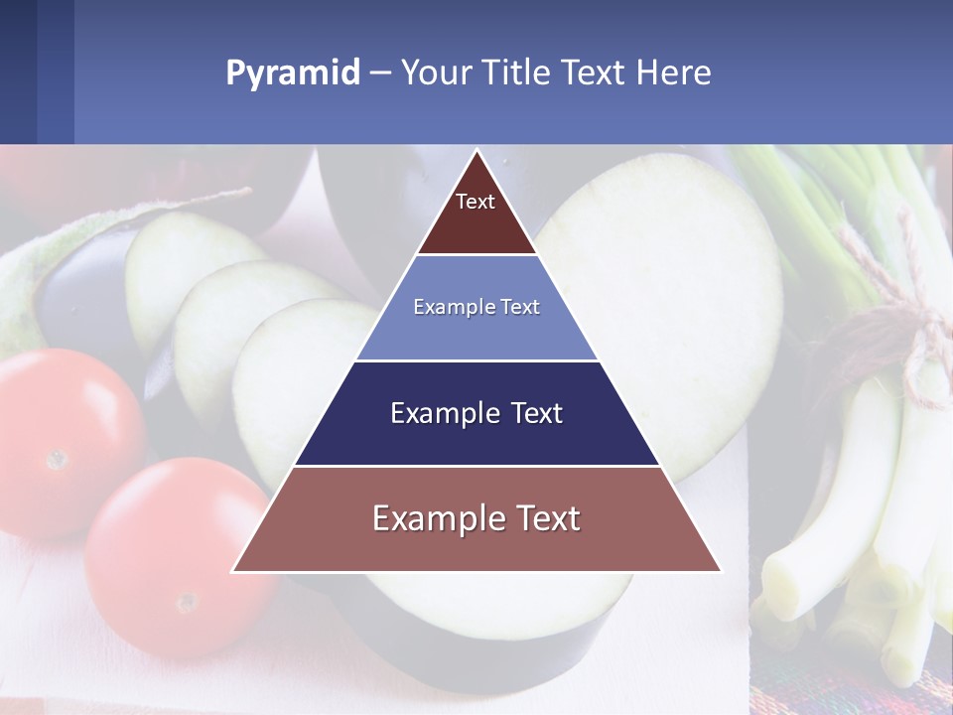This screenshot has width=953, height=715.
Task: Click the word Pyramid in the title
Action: click(x=292, y=72)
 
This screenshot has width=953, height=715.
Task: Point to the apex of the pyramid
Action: click(x=476, y=152)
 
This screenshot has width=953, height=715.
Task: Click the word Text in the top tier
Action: click(x=476, y=202)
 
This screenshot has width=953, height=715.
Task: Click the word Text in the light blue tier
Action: click(x=520, y=307)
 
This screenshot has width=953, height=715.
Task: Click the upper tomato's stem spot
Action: click(x=58, y=458)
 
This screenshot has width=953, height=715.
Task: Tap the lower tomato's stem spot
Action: click(x=186, y=602)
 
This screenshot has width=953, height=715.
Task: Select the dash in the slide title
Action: click(x=379, y=72)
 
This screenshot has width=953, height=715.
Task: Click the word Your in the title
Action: click(x=435, y=72)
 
